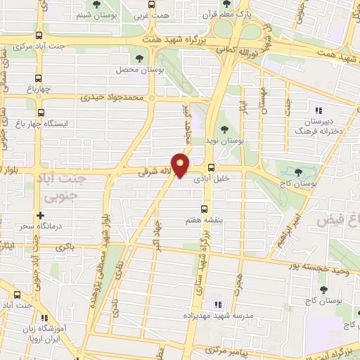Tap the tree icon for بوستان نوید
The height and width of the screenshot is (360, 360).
click(224, 129)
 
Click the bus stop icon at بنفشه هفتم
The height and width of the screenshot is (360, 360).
click(205, 208)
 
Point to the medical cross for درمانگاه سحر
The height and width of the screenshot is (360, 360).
click(40, 215)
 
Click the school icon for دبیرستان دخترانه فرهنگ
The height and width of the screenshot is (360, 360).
click(318, 110)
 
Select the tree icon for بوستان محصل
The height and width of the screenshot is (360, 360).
click(138, 58)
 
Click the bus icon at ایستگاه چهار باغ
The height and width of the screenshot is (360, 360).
click(40, 112)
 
